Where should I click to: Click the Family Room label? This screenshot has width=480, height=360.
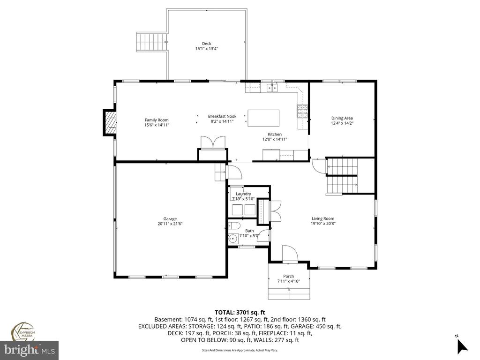157,120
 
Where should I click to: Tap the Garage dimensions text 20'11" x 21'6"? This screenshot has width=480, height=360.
170,224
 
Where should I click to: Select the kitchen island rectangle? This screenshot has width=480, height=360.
263,118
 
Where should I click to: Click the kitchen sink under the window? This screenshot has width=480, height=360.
272,88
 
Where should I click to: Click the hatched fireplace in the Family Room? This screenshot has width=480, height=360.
110,122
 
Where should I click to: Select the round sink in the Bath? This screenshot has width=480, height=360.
233,238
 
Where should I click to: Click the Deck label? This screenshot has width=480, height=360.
207,44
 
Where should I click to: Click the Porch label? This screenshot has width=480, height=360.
288,276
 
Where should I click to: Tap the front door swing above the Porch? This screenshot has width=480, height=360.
290,254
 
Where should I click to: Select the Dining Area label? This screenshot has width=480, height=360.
342,118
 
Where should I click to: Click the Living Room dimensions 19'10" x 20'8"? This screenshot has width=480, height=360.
323,224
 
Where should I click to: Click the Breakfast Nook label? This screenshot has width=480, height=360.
222,116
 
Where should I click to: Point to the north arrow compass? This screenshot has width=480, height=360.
462,345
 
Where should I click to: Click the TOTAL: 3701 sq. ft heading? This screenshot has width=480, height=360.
240,313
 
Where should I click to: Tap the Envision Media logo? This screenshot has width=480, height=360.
23,332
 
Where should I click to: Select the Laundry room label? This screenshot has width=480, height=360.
243,194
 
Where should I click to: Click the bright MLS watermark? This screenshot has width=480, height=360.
29,350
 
